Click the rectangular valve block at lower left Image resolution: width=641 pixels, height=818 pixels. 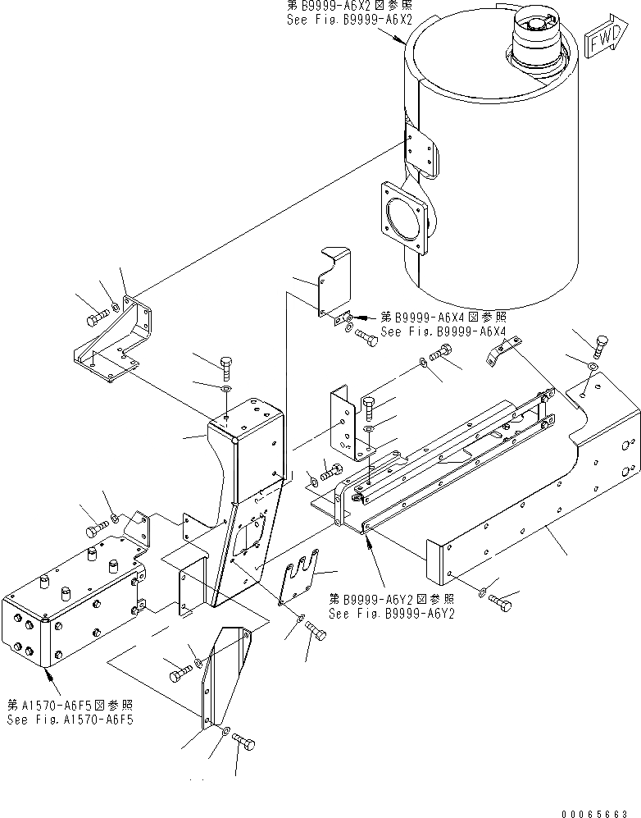(74, 611)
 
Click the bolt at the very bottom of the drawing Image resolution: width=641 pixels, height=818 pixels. (244, 743)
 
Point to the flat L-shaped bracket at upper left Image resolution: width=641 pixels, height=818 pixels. (115, 345)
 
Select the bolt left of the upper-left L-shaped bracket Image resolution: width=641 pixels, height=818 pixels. (95, 314)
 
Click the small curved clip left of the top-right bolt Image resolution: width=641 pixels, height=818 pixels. (498, 354)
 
